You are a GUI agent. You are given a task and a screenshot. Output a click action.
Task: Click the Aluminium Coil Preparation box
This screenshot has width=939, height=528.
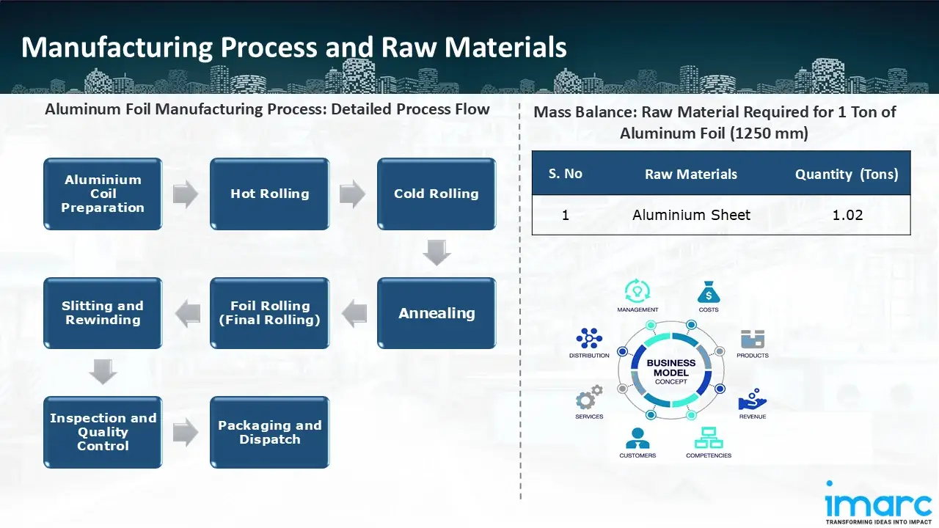[103, 194]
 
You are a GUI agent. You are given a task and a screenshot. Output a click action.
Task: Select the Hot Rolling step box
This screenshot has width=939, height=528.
[270, 194]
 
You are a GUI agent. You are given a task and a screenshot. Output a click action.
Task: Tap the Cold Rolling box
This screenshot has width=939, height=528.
[436, 194]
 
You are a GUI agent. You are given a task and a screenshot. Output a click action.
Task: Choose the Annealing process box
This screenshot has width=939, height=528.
[436, 313]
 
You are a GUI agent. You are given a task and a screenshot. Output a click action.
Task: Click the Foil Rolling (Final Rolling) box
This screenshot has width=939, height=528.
[270, 313]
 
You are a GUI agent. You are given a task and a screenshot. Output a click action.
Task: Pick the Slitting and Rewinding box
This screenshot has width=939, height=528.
[103, 313]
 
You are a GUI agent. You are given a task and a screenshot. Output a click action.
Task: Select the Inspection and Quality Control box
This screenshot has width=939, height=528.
[103, 432]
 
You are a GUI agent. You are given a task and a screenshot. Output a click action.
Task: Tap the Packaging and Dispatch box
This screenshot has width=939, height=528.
[270, 432]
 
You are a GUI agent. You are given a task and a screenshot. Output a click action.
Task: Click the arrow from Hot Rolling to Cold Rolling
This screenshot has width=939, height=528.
[353, 194]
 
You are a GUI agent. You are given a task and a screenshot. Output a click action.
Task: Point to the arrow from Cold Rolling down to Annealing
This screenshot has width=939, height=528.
[437, 253]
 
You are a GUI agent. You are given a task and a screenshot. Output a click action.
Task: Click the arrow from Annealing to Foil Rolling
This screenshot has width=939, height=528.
[354, 313]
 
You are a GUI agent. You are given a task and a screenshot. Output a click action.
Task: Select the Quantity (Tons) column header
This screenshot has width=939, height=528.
[847, 174]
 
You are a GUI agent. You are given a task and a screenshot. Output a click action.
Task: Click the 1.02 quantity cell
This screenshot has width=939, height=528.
[847, 215]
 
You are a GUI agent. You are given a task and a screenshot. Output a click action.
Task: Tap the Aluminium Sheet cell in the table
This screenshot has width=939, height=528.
[691, 215]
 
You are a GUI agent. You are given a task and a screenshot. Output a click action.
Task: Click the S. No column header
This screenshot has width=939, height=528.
[565, 174]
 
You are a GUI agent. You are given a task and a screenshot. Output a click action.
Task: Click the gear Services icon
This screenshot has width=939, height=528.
[589, 398]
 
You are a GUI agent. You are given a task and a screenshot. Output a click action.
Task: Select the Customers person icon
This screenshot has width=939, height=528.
[637, 438]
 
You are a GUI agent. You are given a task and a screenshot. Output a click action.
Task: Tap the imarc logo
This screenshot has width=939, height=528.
[877, 505]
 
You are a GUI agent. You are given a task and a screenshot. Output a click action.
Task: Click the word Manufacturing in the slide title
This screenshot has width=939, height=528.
[115, 47]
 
